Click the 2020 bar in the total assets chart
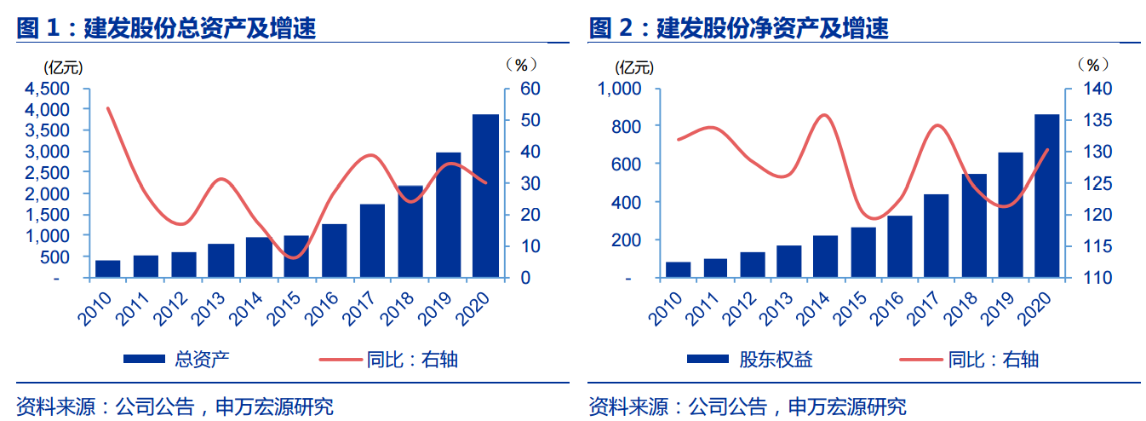click(x=485, y=196)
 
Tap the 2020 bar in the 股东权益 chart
click(x=1046, y=196)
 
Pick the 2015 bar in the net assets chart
click(x=863, y=252)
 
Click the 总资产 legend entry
click(x=202, y=359)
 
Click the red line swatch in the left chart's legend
click(x=340, y=360)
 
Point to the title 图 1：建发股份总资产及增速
click(x=167, y=28)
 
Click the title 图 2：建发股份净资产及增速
click(x=739, y=28)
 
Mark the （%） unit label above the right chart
click(x=1093, y=65)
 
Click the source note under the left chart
click(x=175, y=406)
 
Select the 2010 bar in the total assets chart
click(x=107, y=268)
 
